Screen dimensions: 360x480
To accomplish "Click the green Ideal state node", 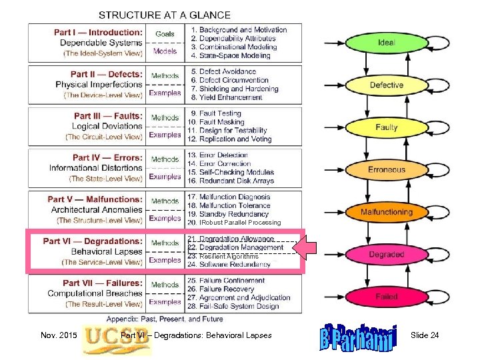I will [386, 43].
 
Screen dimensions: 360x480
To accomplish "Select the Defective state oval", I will [386, 85].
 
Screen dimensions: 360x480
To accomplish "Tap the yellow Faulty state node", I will [386, 127].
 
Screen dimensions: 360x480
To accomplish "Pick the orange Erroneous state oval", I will [386, 169].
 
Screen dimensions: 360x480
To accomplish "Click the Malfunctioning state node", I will [386, 212].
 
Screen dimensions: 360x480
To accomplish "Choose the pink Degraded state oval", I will [386, 255].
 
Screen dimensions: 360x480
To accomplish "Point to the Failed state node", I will [386, 297].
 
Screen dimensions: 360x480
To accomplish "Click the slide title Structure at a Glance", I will [165, 15].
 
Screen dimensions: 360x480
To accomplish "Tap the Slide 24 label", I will [425, 335].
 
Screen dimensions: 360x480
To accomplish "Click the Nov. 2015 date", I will [57, 335].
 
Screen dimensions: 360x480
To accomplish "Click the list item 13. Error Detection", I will [219, 155].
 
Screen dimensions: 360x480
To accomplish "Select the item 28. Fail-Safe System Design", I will [234, 307].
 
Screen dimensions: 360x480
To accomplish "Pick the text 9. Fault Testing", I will [215, 113].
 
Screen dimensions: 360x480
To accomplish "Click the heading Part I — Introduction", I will [98, 31].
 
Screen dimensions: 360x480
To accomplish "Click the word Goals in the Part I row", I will [165, 33].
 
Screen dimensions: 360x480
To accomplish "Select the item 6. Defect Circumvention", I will [229, 80].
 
